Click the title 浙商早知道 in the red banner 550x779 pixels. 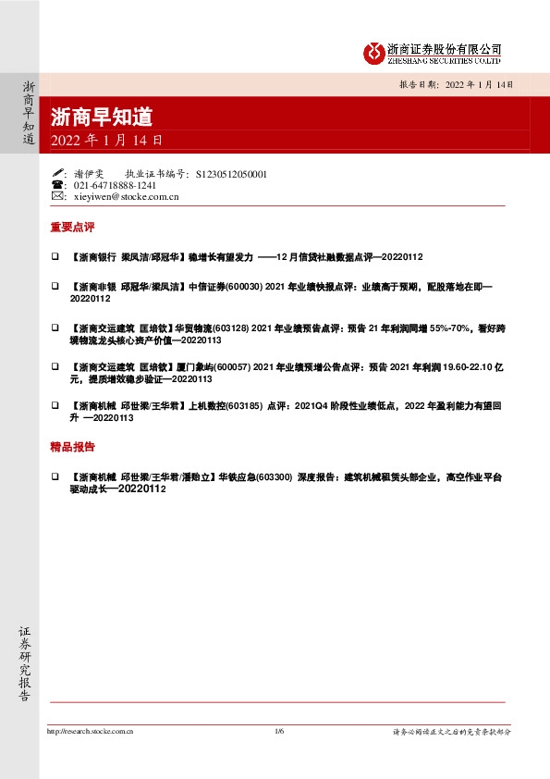(x=102, y=117)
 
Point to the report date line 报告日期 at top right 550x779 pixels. (x=454, y=83)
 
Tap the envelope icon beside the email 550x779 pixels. (x=58, y=197)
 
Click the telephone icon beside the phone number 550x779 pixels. (x=58, y=185)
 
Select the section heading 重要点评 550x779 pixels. (x=73, y=226)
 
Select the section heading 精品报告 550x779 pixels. (x=73, y=446)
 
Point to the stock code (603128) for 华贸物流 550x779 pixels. (x=231, y=328)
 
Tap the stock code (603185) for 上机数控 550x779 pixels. (x=244, y=405)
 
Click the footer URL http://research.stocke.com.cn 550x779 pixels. (x=90, y=732)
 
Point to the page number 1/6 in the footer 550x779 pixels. (x=279, y=732)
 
